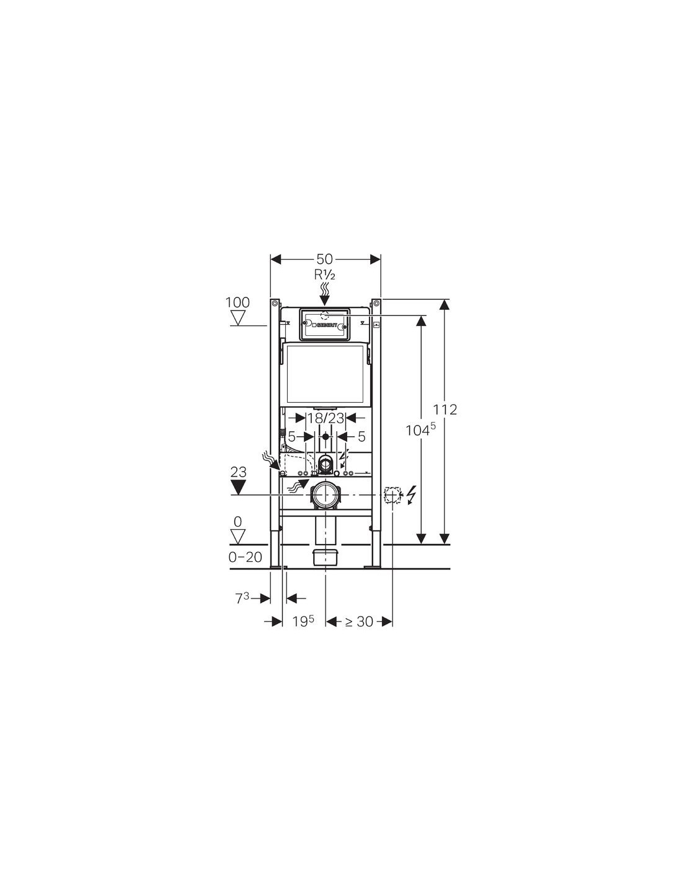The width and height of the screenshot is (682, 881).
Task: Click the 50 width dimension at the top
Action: (324, 259)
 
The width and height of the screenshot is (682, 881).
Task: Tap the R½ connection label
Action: (324, 275)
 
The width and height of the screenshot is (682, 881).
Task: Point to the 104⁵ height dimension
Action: (420, 430)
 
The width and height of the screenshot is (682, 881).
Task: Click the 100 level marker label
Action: (237, 302)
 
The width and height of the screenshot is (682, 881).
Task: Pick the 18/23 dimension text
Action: (325, 418)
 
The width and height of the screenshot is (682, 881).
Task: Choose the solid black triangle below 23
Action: (237, 487)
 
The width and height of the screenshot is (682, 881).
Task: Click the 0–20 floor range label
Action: (246, 558)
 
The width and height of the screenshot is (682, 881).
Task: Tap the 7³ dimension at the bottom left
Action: (242, 598)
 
